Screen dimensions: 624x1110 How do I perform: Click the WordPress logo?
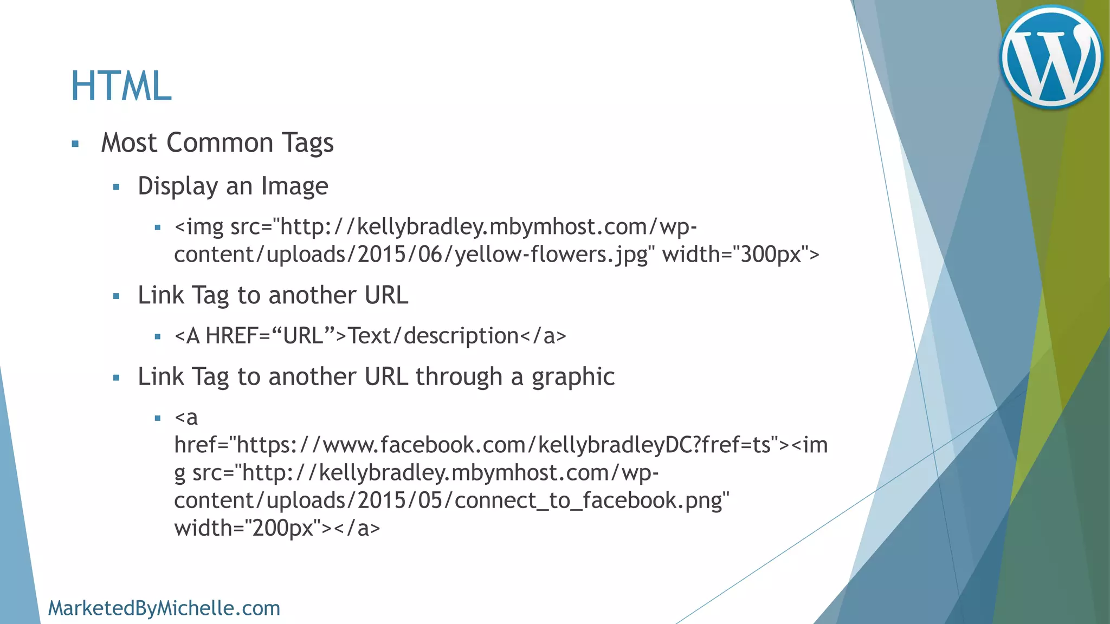tap(1051, 57)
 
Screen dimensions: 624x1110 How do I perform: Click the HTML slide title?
tap(121, 86)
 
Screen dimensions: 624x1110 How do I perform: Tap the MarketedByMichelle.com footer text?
tap(164, 608)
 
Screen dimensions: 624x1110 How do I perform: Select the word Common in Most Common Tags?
tap(220, 143)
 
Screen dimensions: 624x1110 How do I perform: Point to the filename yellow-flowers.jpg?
tap(551, 255)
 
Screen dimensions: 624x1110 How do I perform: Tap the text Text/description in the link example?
tap(434, 336)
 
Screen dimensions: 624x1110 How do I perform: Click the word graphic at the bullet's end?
tap(573, 377)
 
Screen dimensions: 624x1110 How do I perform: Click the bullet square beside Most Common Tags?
tap(75, 144)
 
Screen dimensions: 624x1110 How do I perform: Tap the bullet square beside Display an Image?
tap(116, 187)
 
